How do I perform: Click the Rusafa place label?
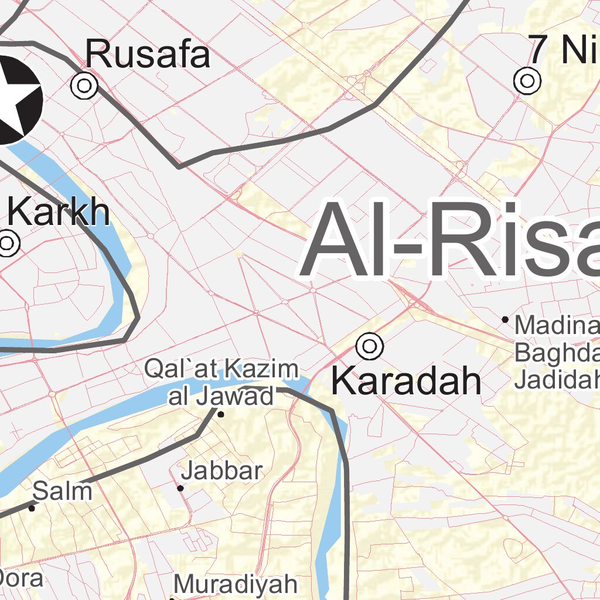[x=148, y=55]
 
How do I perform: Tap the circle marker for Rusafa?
[x=84, y=86]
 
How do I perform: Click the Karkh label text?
[x=59, y=212]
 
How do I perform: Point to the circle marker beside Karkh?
[x=8, y=243]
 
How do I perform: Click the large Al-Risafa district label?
[x=451, y=240]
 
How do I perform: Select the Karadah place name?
[x=406, y=381]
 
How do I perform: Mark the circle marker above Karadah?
[x=370, y=346]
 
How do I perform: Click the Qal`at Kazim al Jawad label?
[x=221, y=383]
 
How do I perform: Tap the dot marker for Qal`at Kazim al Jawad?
[x=221, y=414]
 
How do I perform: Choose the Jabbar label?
[x=221, y=471]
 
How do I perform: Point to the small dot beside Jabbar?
[x=180, y=488]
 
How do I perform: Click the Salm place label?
[x=63, y=491]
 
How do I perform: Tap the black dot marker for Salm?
[x=32, y=508]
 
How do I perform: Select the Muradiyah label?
[x=236, y=584]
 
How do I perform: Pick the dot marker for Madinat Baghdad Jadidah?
[x=505, y=319]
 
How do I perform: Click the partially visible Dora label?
[x=22, y=579]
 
